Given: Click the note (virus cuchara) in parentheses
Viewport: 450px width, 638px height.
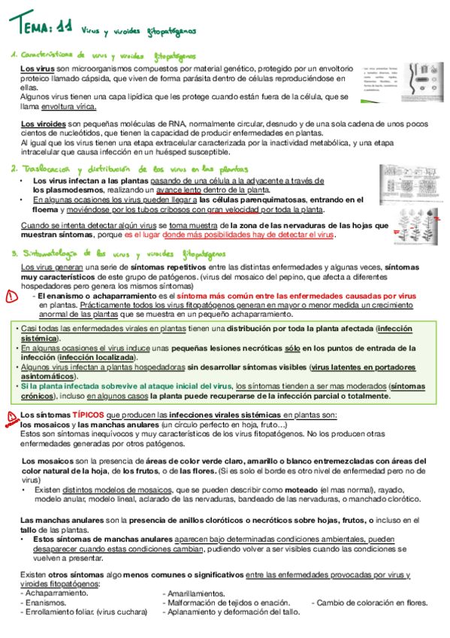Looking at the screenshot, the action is (122, 612).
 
